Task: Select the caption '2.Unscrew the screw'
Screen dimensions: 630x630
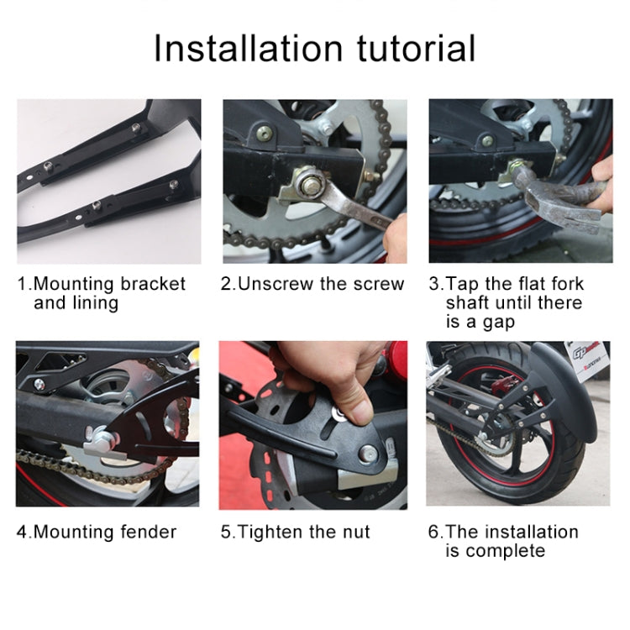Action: point(312,284)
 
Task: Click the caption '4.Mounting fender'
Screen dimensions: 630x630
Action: point(97,532)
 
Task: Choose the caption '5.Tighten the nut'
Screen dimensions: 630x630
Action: point(295,532)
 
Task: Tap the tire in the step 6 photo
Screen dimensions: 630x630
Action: point(538,483)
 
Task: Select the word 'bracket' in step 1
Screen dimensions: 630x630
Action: point(152,284)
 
